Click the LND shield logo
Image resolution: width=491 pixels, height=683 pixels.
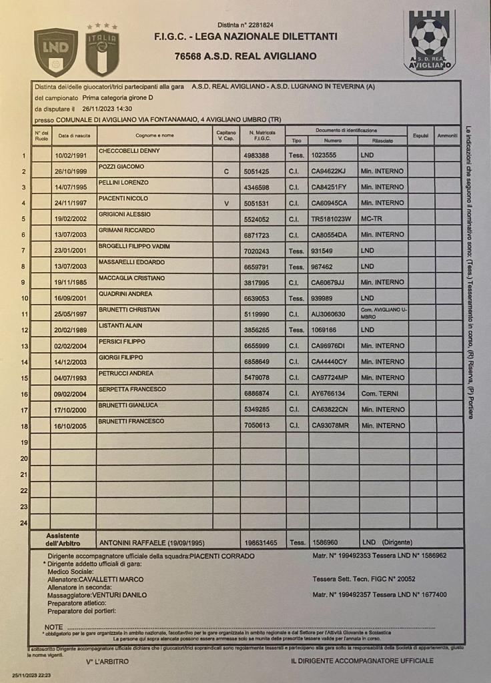[56, 52]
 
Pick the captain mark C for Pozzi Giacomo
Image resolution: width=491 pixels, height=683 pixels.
[226, 171]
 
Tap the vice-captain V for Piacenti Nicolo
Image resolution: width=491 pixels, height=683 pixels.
[226, 203]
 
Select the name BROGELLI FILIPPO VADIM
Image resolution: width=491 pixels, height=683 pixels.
[135, 246]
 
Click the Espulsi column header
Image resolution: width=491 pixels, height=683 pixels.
[420, 135]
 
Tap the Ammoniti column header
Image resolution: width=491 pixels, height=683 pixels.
[447, 135]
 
